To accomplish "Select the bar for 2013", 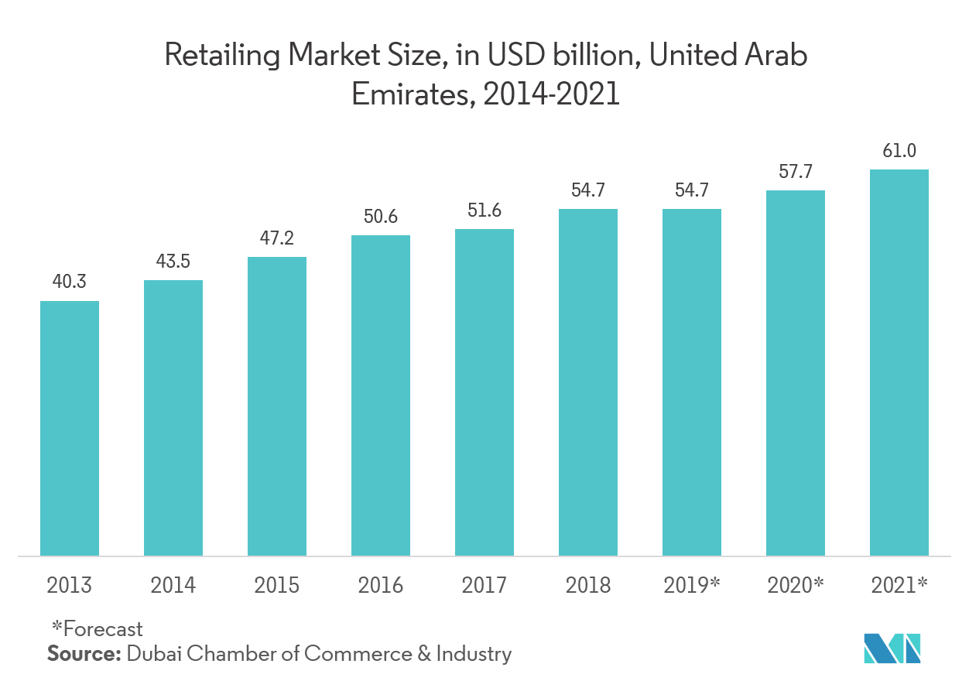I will pyautogui.click(x=70, y=428).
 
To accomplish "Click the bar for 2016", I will pyautogui.click(x=381, y=395).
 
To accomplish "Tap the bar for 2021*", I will pyautogui.click(x=899, y=362).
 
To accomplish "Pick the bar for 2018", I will pyautogui.click(x=588, y=382).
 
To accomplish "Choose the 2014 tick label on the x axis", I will pyautogui.click(x=173, y=584).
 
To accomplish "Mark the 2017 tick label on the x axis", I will pyautogui.click(x=484, y=584).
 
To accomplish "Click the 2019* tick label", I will pyautogui.click(x=692, y=584).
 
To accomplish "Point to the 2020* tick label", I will pyautogui.click(x=796, y=584).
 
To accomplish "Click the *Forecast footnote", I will pyautogui.click(x=97, y=629).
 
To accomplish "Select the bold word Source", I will pyautogui.click(x=81, y=655).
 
